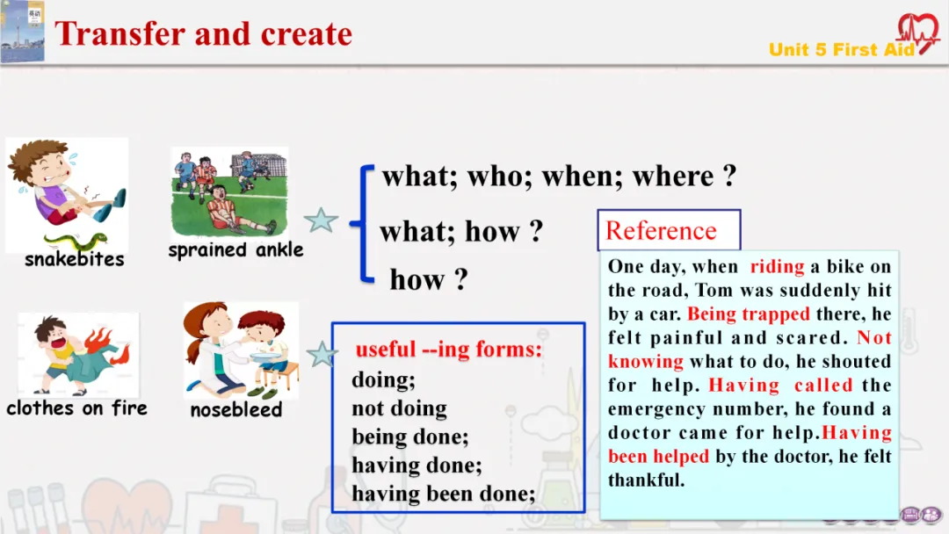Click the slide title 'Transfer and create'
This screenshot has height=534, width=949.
pyautogui.click(x=203, y=34)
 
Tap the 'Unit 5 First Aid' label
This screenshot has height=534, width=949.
pyautogui.click(x=842, y=49)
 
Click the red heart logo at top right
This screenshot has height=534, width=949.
pyautogui.click(x=918, y=33)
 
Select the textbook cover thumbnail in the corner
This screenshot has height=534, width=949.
pyautogui.click(x=22, y=32)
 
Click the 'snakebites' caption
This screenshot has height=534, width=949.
pyautogui.click(x=75, y=259)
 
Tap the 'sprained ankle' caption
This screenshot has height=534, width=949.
pyautogui.click(x=235, y=249)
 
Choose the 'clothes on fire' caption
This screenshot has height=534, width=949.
pyautogui.click(x=76, y=408)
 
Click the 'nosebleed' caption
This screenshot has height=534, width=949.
pyautogui.click(x=236, y=410)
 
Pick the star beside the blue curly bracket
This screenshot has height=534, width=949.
pyautogui.click(x=321, y=220)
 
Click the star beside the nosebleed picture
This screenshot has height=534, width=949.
pyautogui.click(x=322, y=354)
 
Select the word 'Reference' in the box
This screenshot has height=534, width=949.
pyautogui.click(x=661, y=230)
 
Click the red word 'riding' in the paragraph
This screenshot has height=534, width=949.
pyautogui.click(x=777, y=266)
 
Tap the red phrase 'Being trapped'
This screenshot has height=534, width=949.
pyautogui.click(x=748, y=314)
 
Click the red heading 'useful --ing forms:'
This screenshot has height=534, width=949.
pyautogui.click(x=448, y=350)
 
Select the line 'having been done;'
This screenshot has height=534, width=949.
pyautogui.click(x=444, y=494)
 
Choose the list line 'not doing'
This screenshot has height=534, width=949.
pyautogui.click(x=400, y=408)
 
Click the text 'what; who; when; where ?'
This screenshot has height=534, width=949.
pyautogui.click(x=559, y=176)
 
